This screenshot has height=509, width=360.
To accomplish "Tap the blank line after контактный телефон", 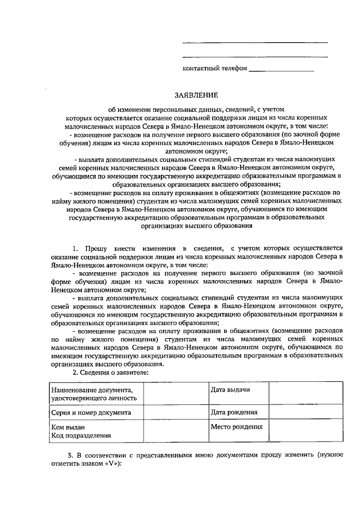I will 281,70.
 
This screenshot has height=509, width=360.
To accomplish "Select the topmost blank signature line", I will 255,43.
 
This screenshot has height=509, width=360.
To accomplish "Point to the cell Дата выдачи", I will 230,389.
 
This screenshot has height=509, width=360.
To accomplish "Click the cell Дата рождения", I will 233,412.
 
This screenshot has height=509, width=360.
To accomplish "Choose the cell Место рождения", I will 236,426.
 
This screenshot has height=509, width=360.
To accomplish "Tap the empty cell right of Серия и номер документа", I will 175,412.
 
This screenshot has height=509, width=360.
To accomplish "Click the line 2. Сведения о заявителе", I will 110,372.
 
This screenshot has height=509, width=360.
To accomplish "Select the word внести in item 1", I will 130,248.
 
